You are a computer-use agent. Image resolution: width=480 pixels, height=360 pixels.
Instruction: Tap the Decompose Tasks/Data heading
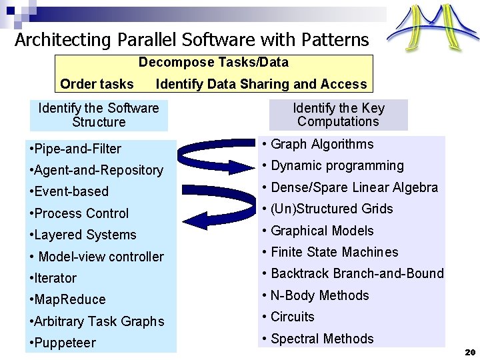213,63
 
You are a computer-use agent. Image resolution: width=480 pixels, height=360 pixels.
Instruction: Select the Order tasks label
97,84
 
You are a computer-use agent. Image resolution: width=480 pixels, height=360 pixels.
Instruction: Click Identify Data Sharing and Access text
261,84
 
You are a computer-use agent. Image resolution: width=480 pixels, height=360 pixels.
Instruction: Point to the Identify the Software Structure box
99,115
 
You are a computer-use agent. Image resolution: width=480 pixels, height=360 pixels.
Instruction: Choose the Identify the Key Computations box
338,115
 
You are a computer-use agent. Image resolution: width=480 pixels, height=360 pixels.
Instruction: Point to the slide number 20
469,351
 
